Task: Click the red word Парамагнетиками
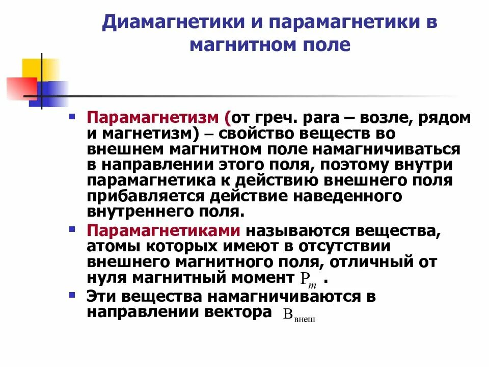coord(164,230)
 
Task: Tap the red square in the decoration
coord(20,88)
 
